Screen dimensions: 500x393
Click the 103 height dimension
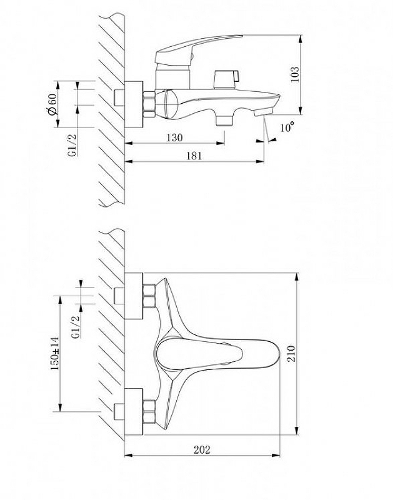(296, 73)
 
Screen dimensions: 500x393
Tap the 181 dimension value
(194, 156)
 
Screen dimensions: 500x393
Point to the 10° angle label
(287, 127)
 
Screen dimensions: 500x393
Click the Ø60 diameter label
(53, 102)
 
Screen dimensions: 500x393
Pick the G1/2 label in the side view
(72, 145)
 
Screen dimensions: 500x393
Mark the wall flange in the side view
(134, 103)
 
